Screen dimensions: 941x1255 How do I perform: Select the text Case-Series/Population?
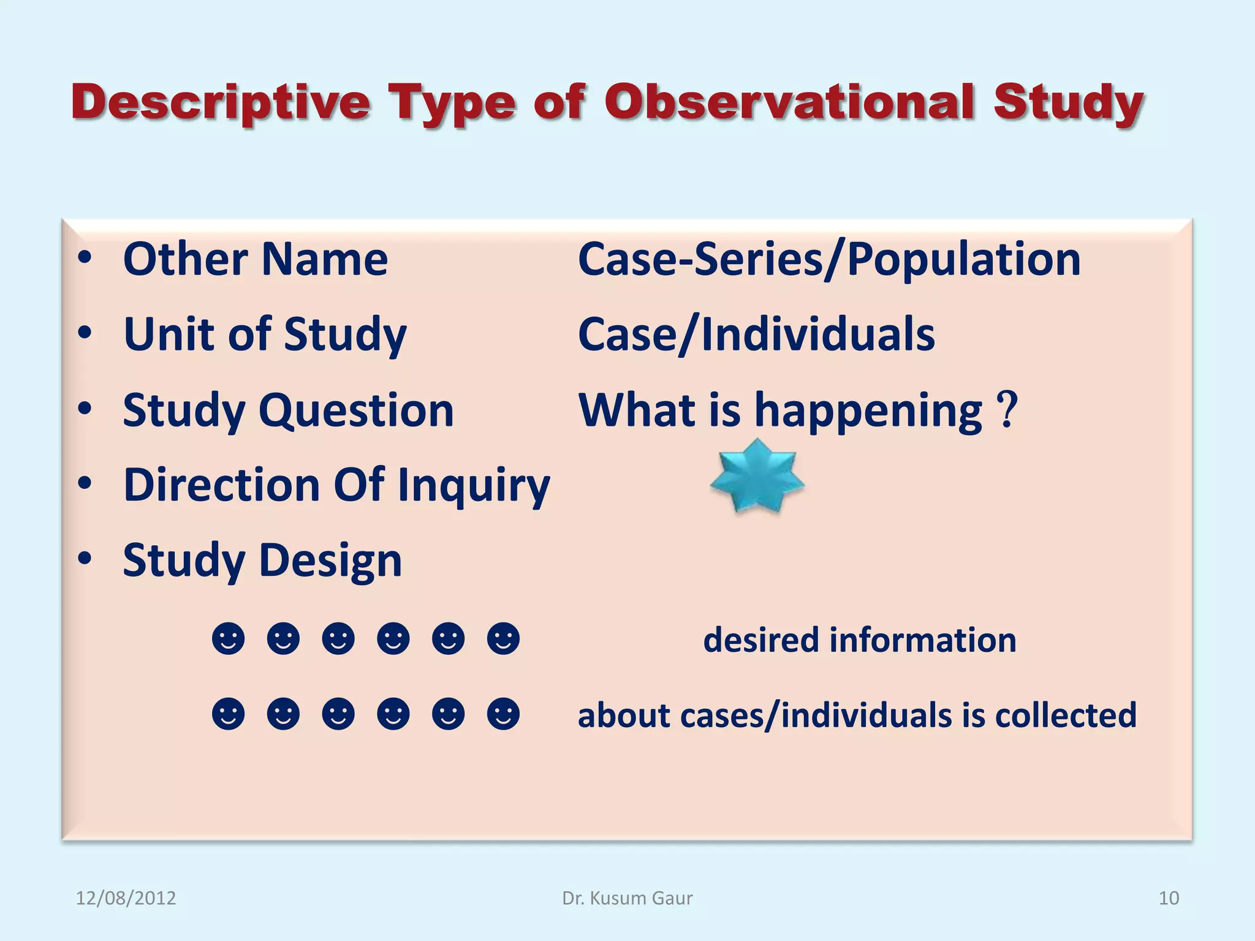829,260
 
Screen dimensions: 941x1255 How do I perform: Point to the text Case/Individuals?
756,334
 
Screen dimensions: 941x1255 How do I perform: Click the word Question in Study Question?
356,410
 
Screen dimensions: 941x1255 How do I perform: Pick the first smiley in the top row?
229,639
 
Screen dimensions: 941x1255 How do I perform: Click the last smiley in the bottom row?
503,714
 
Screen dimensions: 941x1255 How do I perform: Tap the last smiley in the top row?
503,639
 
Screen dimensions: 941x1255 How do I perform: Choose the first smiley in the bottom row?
229,714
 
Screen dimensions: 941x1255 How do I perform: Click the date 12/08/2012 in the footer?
126,898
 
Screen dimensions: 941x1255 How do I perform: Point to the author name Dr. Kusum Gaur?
627,898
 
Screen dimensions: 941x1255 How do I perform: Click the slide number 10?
1169,898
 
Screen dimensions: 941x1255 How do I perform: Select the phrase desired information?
860,640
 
